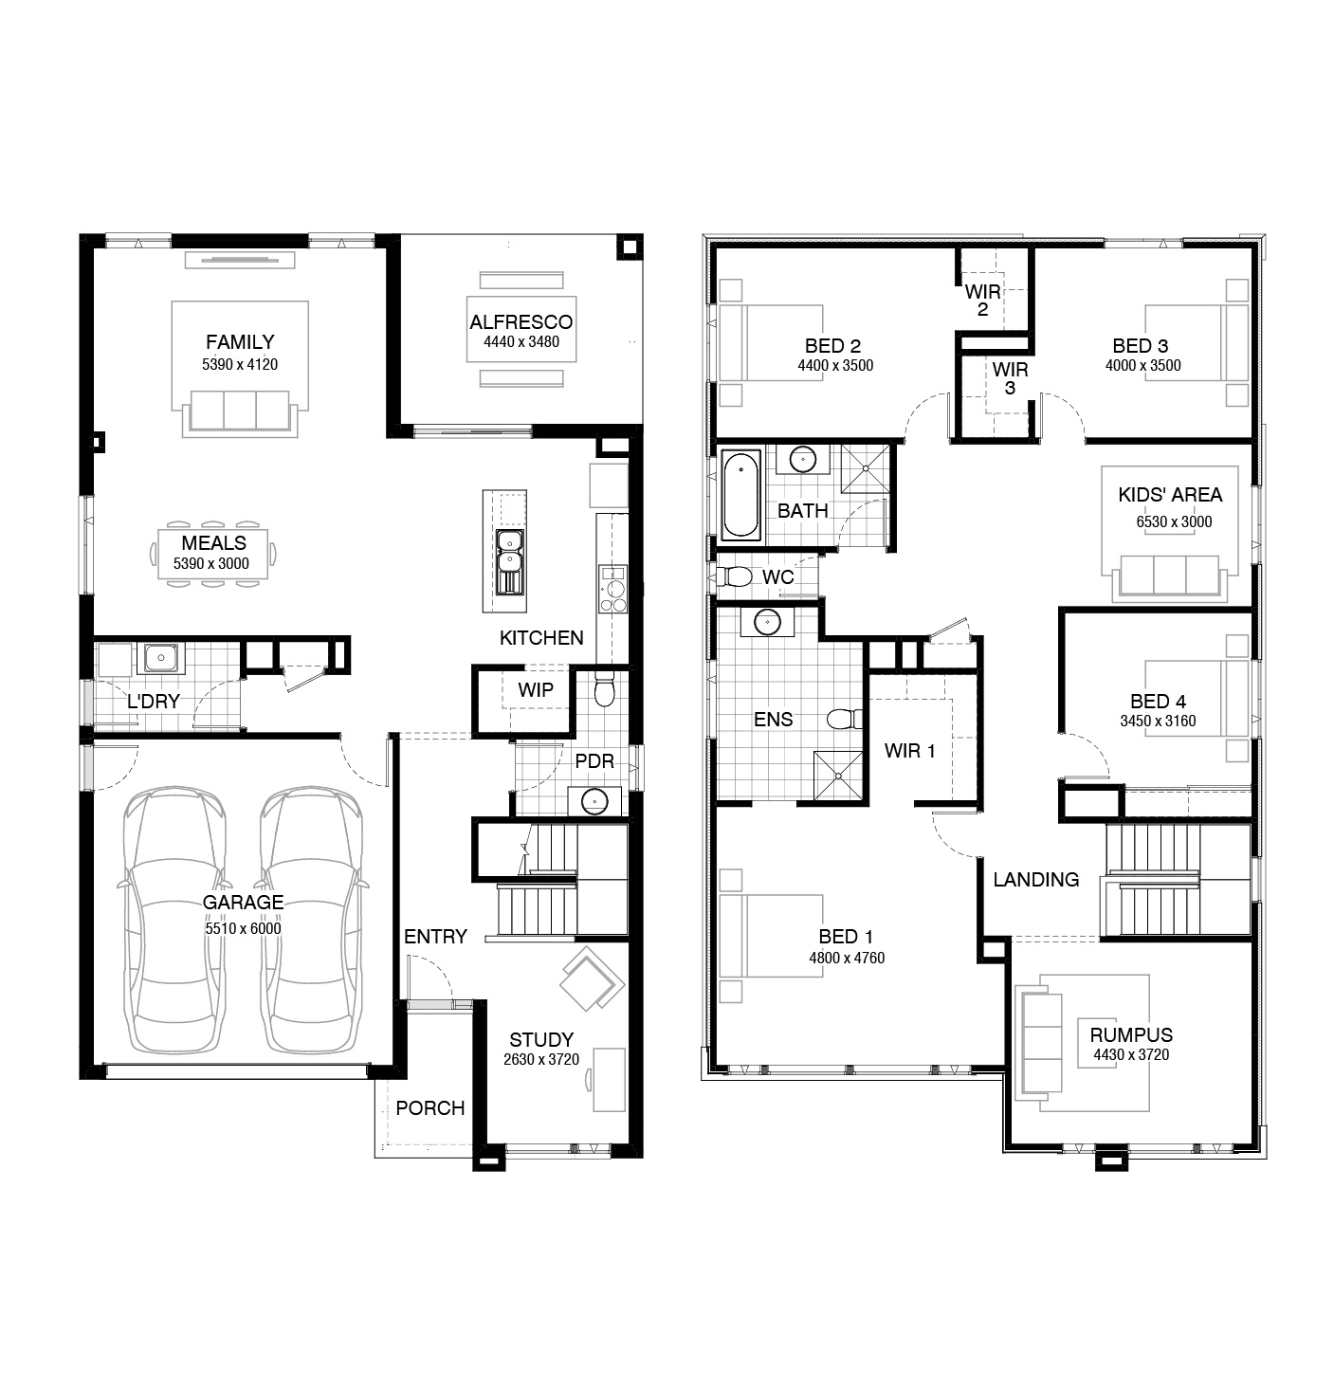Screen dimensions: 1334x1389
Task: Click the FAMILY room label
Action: (240, 342)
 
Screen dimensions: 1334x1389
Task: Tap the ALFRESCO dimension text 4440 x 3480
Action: (521, 342)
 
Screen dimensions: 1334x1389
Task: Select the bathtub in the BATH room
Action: (740, 495)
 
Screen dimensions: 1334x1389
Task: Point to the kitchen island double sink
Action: (510, 561)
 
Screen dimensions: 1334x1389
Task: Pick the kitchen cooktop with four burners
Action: (613, 589)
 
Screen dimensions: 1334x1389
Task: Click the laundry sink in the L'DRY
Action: (161, 657)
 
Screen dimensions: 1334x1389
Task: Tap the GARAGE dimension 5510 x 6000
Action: (244, 928)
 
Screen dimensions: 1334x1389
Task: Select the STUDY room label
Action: (541, 1039)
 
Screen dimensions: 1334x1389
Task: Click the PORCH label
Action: (430, 1107)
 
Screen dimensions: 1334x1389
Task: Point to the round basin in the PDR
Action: (594, 801)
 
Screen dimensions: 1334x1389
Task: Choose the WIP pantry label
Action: (536, 690)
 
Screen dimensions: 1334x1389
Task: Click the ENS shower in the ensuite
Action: (838, 776)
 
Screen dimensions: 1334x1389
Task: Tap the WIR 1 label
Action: (909, 751)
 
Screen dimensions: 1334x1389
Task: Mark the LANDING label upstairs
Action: (1035, 879)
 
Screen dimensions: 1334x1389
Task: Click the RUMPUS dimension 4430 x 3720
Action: (1131, 1055)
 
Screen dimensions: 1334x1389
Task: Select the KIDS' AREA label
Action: (1170, 495)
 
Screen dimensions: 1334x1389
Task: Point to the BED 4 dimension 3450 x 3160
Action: (1158, 721)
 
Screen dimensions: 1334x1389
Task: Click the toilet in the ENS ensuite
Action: (845, 719)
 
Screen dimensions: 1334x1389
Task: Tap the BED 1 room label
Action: (846, 937)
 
